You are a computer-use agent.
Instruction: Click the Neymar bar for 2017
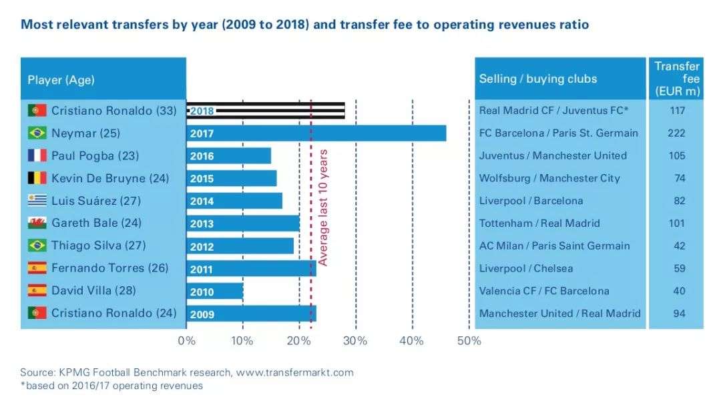pos(316,133)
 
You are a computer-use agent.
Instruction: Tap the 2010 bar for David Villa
pos(215,292)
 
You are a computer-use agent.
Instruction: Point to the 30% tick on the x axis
pos(356,341)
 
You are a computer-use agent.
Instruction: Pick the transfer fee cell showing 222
pos(676,133)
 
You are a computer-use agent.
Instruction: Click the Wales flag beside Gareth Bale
pos(37,223)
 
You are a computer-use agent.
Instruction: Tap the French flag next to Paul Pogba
pos(37,155)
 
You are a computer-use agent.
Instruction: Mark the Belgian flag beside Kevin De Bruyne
pos(37,178)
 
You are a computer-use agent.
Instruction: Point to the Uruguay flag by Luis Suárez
pos(37,200)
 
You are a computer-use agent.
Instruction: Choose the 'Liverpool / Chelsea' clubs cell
pos(526,268)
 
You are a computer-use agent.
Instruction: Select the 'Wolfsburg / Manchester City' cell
pos(549,178)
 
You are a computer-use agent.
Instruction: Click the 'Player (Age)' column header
pos(61,80)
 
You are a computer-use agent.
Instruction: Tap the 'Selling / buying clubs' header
pos(538,79)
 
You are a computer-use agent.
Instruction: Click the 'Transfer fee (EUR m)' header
pos(676,78)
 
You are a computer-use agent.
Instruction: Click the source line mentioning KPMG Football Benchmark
pos(187,372)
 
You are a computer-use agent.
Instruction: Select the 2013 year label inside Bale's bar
pos(202,224)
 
